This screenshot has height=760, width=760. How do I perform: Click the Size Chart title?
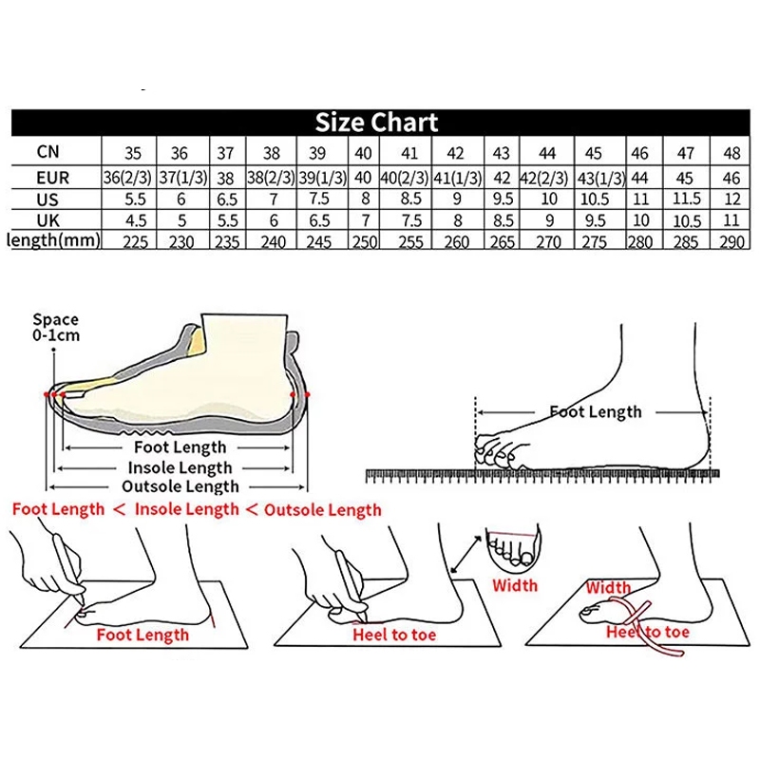(x=376, y=123)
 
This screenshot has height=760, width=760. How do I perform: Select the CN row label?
(x=48, y=152)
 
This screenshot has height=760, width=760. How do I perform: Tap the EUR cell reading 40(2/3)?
(x=405, y=178)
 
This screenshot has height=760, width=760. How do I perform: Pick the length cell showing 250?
(x=364, y=241)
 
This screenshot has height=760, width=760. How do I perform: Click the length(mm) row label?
(x=54, y=240)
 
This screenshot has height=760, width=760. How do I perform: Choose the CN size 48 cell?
(x=731, y=153)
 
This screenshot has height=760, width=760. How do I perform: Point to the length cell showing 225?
(x=135, y=241)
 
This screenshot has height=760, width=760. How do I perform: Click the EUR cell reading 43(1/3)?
(x=601, y=179)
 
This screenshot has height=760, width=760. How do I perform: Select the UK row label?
(x=48, y=220)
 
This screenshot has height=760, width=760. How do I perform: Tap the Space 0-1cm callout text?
(x=56, y=327)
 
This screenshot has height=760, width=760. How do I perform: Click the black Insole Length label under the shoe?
(x=180, y=467)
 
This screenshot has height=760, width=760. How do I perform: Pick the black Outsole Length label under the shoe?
(x=180, y=486)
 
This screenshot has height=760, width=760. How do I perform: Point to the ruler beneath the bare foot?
(x=542, y=476)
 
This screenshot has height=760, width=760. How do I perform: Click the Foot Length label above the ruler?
(x=596, y=412)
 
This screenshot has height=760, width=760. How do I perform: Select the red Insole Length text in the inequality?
(x=186, y=509)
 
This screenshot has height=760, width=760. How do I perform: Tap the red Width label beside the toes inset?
(x=515, y=585)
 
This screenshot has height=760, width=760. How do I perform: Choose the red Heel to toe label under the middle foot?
(x=394, y=635)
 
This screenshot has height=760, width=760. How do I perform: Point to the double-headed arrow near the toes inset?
(x=466, y=554)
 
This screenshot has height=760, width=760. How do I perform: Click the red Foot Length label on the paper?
(x=142, y=635)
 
